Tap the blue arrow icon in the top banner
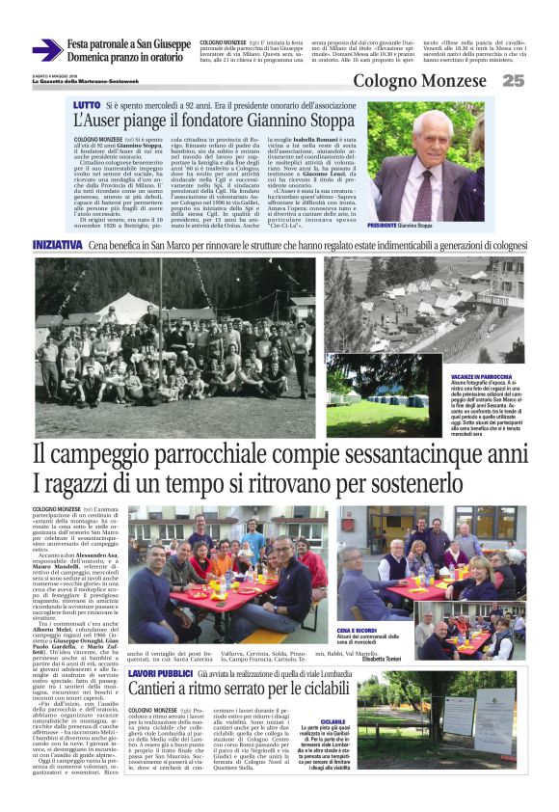pos(46,50)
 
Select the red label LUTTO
pos(86,102)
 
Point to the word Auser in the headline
pos(116,122)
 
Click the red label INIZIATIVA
pos(57,245)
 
